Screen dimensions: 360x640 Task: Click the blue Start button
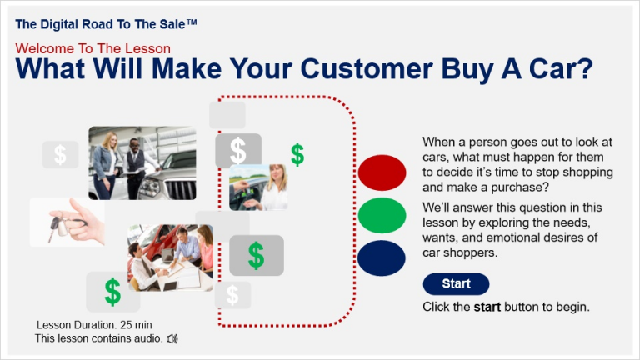pyautogui.click(x=456, y=284)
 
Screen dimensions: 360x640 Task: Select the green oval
pyautogui.click(x=382, y=215)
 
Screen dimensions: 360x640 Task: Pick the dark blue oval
pyautogui.click(x=382, y=257)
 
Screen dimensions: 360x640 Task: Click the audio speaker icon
pyautogui.click(x=172, y=338)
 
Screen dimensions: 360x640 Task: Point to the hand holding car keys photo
pyautogui.click(x=67, y=222)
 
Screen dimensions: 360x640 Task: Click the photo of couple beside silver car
pyautogui.click(x=142, y=162)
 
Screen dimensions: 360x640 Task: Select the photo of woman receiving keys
pyautogui.click(x=258, y=187)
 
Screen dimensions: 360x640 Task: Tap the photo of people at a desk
pyautogui.click(x=170, y=257)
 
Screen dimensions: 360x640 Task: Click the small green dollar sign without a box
pyautogui.click(x=297, y=154)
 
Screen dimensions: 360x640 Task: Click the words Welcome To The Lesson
pyautogui.click(x=92, y=48)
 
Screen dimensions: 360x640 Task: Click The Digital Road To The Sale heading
pyautogui.click(x=106, y=24)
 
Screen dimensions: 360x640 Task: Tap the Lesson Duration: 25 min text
pyautogui.click(x=94, y=325)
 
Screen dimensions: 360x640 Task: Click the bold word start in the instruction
pyautogui.click(x=487, y=307)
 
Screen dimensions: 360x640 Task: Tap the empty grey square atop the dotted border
pyautogui.click(x=227, y=114)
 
